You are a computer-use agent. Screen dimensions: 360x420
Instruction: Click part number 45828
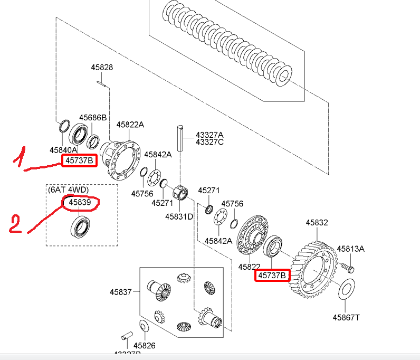tap(102, 68)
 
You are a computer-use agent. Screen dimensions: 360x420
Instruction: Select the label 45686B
tap(93, 117)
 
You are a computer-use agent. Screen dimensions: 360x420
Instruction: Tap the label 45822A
tap(130, 125)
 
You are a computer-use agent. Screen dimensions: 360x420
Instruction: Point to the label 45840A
tap(64, 150)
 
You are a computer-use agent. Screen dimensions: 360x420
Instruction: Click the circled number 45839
tap(81, 202)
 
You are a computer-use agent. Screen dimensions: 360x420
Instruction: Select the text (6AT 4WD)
tap(69, 190)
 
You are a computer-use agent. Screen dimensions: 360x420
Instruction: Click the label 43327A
tap(209, 135)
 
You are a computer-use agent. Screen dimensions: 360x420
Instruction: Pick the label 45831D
tap(179, 216)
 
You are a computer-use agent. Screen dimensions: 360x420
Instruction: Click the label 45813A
tap(351, 249)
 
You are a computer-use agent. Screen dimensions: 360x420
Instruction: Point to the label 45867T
tap(346, 317)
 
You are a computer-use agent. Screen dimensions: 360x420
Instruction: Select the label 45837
tap(121, 291)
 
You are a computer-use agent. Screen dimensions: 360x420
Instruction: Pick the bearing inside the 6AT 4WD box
tap(81, 227)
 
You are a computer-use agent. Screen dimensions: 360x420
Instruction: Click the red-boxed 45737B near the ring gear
tap(272, 275)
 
